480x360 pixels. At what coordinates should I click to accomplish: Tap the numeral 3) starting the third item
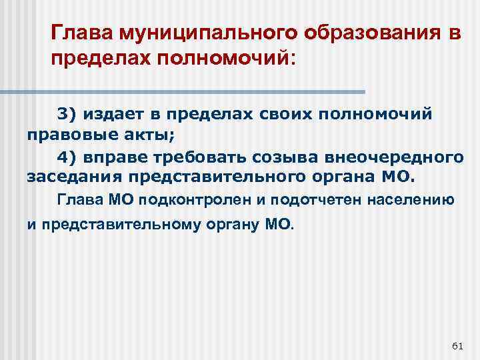click(67, 114)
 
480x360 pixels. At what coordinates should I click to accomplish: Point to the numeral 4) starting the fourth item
click(67, 157)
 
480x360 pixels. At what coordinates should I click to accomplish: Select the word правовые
click(61, 135)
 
